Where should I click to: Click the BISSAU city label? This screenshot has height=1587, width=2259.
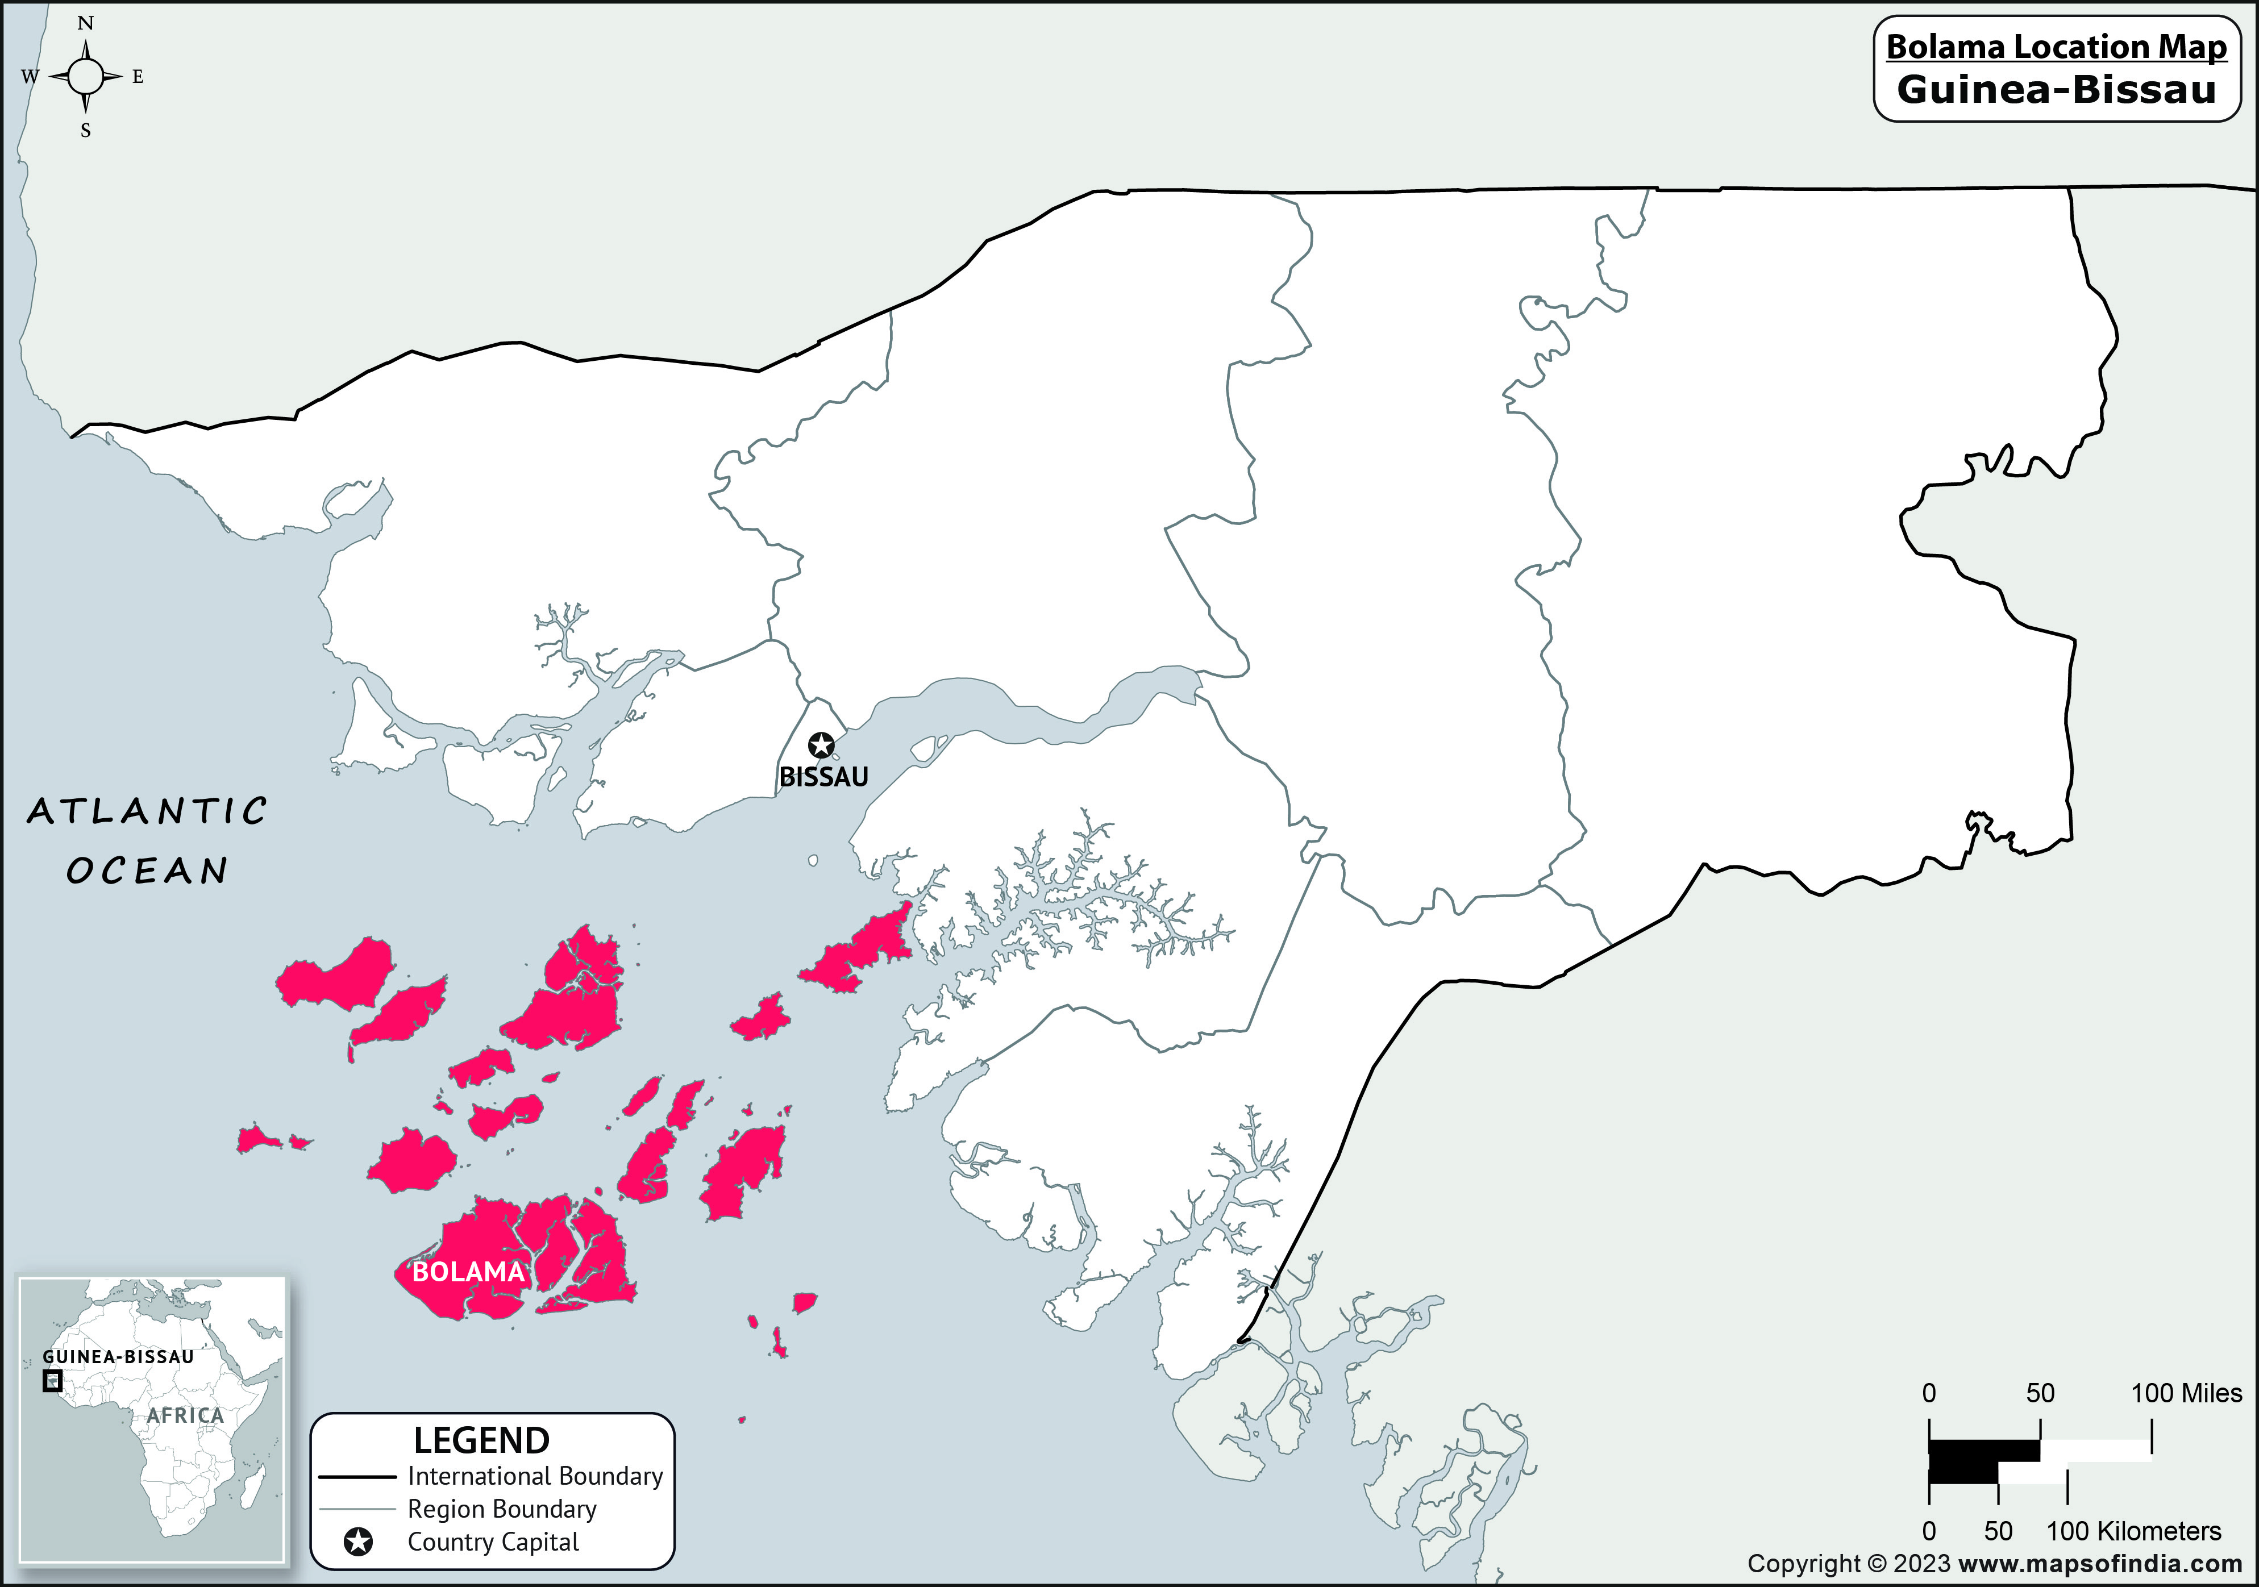(x=823, y=777)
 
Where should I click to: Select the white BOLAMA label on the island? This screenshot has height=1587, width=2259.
(x=468, y=1272)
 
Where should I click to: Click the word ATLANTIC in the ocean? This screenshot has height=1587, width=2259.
(x=148, y=812)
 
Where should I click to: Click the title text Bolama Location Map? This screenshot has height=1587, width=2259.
(x=2056, y=47)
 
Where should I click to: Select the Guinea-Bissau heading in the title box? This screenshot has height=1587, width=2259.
(x=2056, y=90)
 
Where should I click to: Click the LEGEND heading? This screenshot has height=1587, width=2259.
(x=481, y=1440)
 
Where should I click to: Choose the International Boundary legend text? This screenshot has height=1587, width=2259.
(x=535, y=1476)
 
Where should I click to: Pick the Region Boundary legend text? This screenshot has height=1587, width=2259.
(x=502, y=1509)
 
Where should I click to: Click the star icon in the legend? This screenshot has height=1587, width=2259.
(x=358, y=1542)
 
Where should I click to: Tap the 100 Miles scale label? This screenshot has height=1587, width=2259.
(x=2186, y=1393)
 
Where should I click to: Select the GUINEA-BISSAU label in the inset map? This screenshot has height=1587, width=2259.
(x=118, y=1357)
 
